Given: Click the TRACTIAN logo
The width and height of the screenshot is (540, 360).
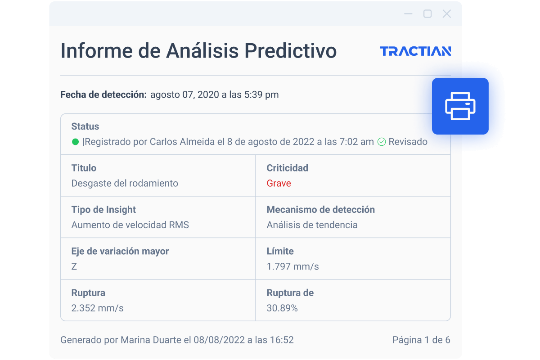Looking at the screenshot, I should [x=415, y=51].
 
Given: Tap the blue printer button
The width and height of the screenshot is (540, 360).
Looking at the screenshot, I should [x=460, y=106].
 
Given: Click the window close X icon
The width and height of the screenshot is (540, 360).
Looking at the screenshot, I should [x=447, y=14].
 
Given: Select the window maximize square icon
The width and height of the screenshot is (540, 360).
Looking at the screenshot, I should [x=427, y=14].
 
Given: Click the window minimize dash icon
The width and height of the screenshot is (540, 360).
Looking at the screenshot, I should [x=408, y=14].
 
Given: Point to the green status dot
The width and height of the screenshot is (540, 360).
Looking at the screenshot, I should [x=76, y=142].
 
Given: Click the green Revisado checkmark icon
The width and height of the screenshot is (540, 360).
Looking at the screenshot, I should [x=382, y=142].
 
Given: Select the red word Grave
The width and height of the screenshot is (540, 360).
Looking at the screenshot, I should [x=279, y=183].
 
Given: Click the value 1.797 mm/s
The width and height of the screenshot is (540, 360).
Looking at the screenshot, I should [x=292, y=266].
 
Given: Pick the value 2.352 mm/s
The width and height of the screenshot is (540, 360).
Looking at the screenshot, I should [x=97, y=308].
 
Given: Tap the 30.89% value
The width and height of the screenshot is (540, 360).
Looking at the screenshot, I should [x=282, y=308].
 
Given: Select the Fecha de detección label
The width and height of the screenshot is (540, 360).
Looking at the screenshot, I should [x=103, y=94].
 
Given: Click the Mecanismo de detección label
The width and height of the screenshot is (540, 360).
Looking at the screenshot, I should [x=320, y=210].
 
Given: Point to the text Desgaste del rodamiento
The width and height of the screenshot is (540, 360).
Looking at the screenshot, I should [x=125, y=183].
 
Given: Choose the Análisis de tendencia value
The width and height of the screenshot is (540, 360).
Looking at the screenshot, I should [x=312, y=225].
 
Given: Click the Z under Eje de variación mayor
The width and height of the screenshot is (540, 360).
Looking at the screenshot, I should [x=74, y=266].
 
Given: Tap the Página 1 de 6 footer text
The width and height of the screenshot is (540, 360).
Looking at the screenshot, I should [x=421, y=340].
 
